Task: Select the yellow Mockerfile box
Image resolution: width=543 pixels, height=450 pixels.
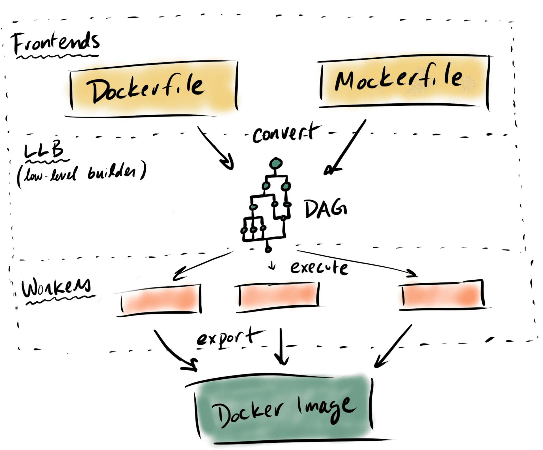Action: [404, 81]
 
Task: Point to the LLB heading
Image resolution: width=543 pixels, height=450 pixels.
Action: [44, 150]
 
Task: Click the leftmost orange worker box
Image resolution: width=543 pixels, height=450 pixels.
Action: [161, 300]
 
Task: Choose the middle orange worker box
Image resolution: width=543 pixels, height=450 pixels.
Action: [279, 295]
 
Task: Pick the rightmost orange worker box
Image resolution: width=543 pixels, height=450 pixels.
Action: [443, 295]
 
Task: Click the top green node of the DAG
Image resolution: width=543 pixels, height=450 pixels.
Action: [276, 163]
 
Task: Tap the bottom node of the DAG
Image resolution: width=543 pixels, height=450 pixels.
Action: [268, 249]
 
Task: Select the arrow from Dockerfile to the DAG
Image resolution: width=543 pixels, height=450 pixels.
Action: [216, 148]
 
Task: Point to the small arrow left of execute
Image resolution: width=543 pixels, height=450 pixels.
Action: [272, 266]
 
